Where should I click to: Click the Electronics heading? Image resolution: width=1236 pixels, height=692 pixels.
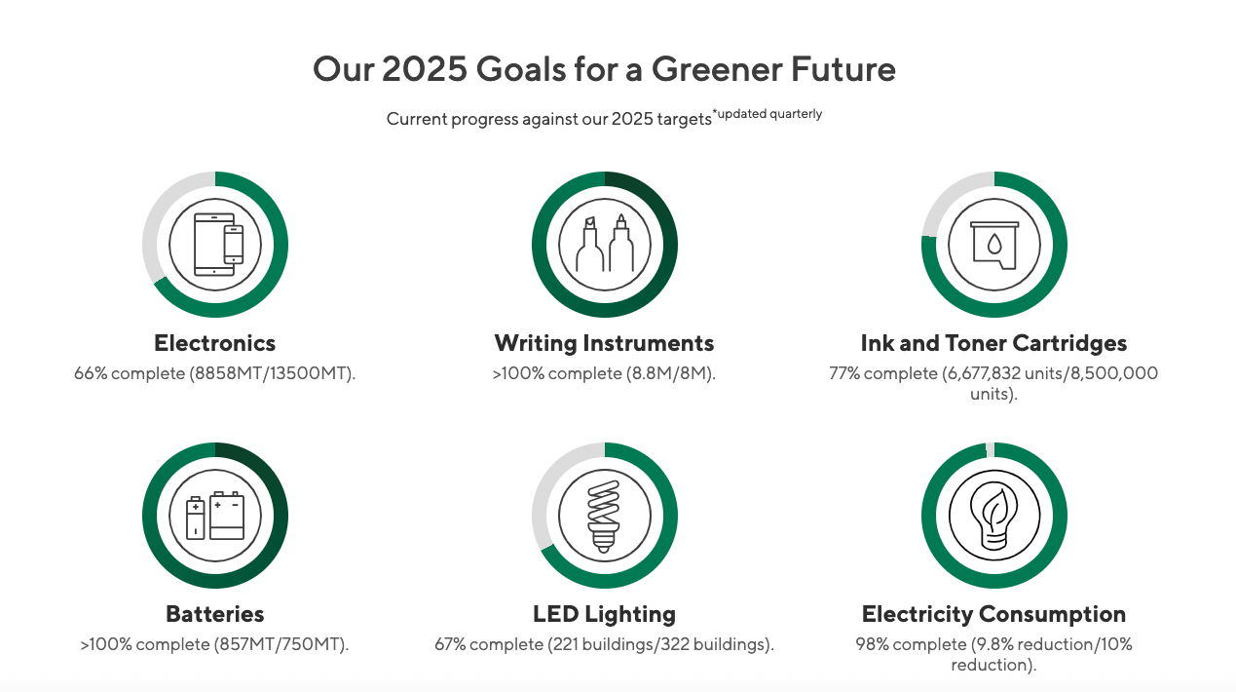tap(214, 343)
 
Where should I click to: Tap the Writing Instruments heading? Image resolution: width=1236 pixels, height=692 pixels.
tap(604, 343)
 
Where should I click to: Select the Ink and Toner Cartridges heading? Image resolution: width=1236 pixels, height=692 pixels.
tap(993, 343)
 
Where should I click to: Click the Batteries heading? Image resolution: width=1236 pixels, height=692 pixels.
tap(214, 614)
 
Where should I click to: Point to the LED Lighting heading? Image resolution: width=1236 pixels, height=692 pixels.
tap(604, 614)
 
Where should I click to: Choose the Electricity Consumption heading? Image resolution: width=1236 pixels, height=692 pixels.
tap(993, 614)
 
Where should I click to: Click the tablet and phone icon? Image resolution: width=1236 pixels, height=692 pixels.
tap(218, 244)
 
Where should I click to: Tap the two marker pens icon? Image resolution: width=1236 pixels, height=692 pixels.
tap(605, 243)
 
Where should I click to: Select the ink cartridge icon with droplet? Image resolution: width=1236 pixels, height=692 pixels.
tap(994, 245)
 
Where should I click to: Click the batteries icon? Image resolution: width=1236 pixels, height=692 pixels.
tap(215, 516)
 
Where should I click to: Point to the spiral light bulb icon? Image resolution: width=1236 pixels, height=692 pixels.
tap(604, 516)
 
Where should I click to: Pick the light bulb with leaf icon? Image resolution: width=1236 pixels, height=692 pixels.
tap(993, 516)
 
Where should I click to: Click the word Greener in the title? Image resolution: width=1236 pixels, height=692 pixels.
tap(717, 69)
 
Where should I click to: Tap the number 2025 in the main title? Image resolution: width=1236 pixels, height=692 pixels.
tap(425, 69)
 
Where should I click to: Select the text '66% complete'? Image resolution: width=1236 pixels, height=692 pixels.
tap(130, 373)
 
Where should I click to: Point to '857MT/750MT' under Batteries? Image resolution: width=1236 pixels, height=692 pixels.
tap(279, 644)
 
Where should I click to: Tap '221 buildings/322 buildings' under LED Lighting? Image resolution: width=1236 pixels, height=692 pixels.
tap(657, 644)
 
